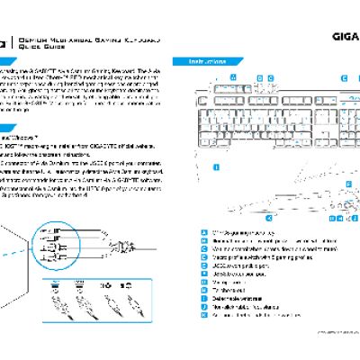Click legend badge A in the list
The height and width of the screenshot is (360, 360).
click(x=206, y=232)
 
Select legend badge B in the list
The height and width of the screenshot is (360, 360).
click(x=206, y=241)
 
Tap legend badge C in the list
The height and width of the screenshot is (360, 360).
click(x=206, y=249)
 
